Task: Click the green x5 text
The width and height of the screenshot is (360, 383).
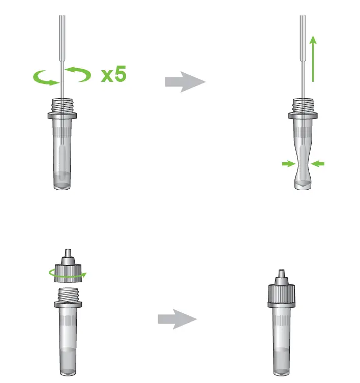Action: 113,75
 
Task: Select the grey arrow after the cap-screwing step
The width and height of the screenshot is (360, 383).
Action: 177,319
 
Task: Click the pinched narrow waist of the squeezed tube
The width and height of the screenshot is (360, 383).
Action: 303,164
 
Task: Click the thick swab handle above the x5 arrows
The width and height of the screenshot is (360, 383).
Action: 62,31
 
